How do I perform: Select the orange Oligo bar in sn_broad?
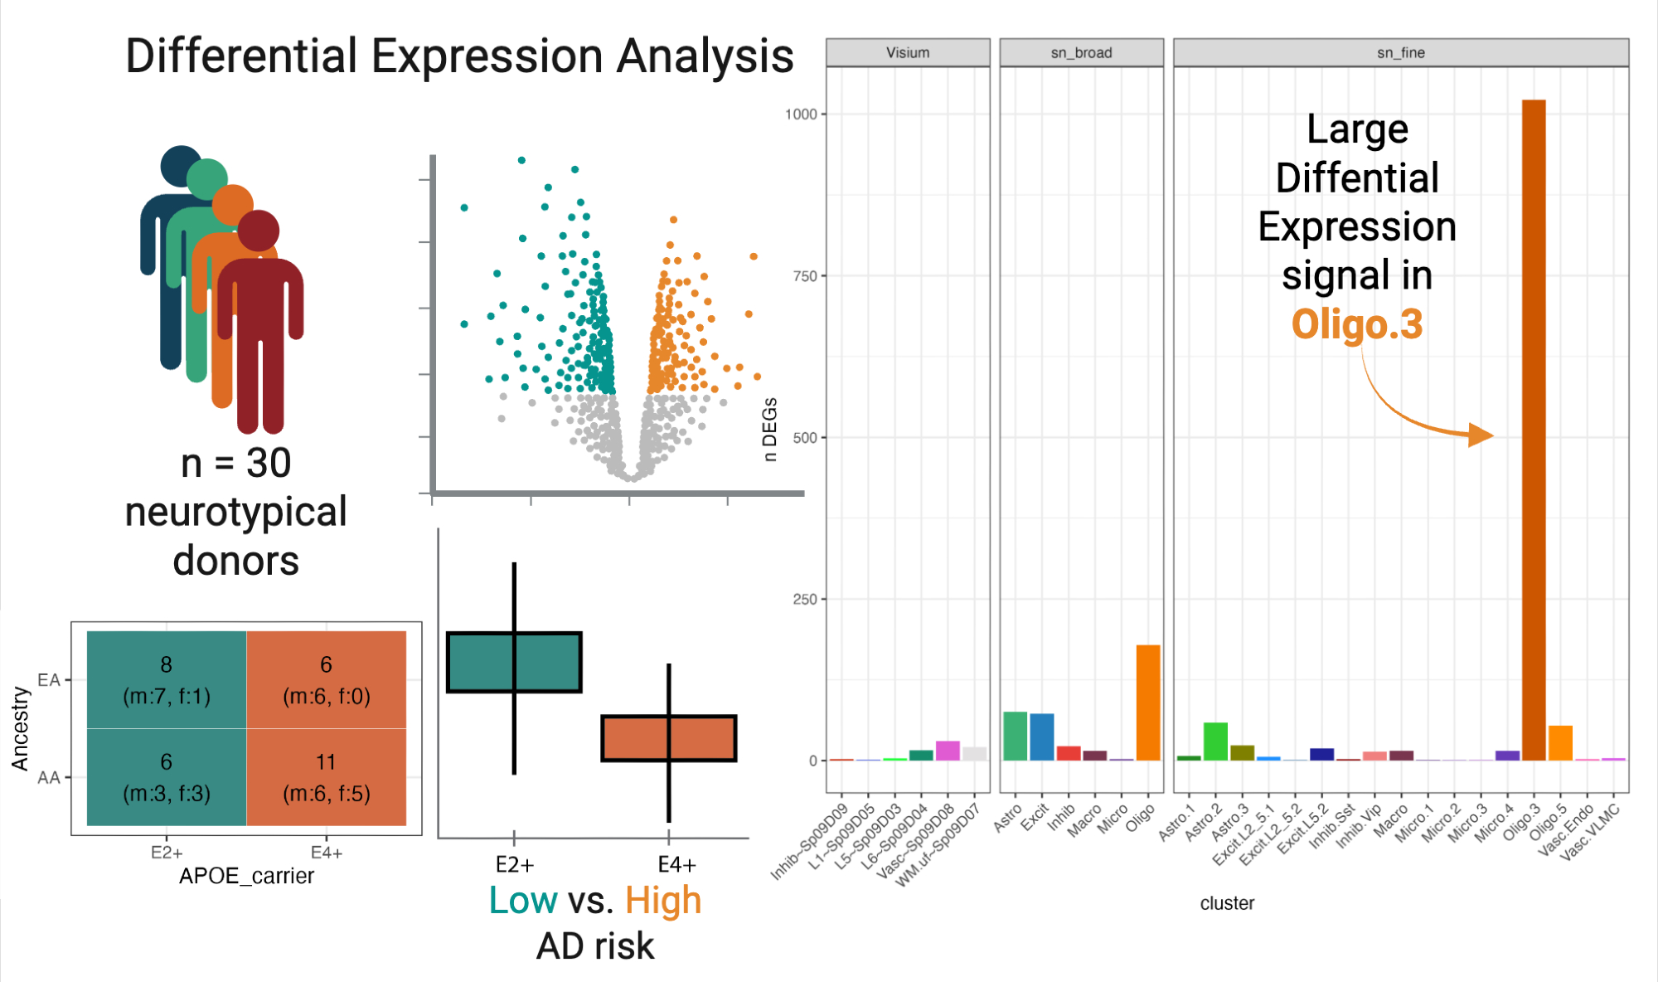(1147, 702)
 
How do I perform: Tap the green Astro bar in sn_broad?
(1015, 736)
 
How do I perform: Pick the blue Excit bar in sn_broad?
(1041, 736)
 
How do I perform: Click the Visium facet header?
(908, 52)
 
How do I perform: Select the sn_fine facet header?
(1400, 52)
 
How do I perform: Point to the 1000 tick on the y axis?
(801, 114)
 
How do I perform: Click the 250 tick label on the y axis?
(805, 599)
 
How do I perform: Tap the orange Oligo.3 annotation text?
(1357, 324)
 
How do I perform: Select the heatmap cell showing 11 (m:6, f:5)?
(326, 777)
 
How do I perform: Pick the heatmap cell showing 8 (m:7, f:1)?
(167, 679)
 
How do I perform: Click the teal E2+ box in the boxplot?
(514, 662)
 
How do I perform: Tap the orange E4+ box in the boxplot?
(668, 737)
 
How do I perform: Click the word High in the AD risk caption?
(663, 901)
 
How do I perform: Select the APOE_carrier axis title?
(246, 876)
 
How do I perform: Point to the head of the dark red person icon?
(259, 230)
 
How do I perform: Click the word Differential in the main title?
(240, 56)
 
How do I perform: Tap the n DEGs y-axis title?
(770, 429)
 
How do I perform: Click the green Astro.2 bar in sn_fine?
(1215, 741)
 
